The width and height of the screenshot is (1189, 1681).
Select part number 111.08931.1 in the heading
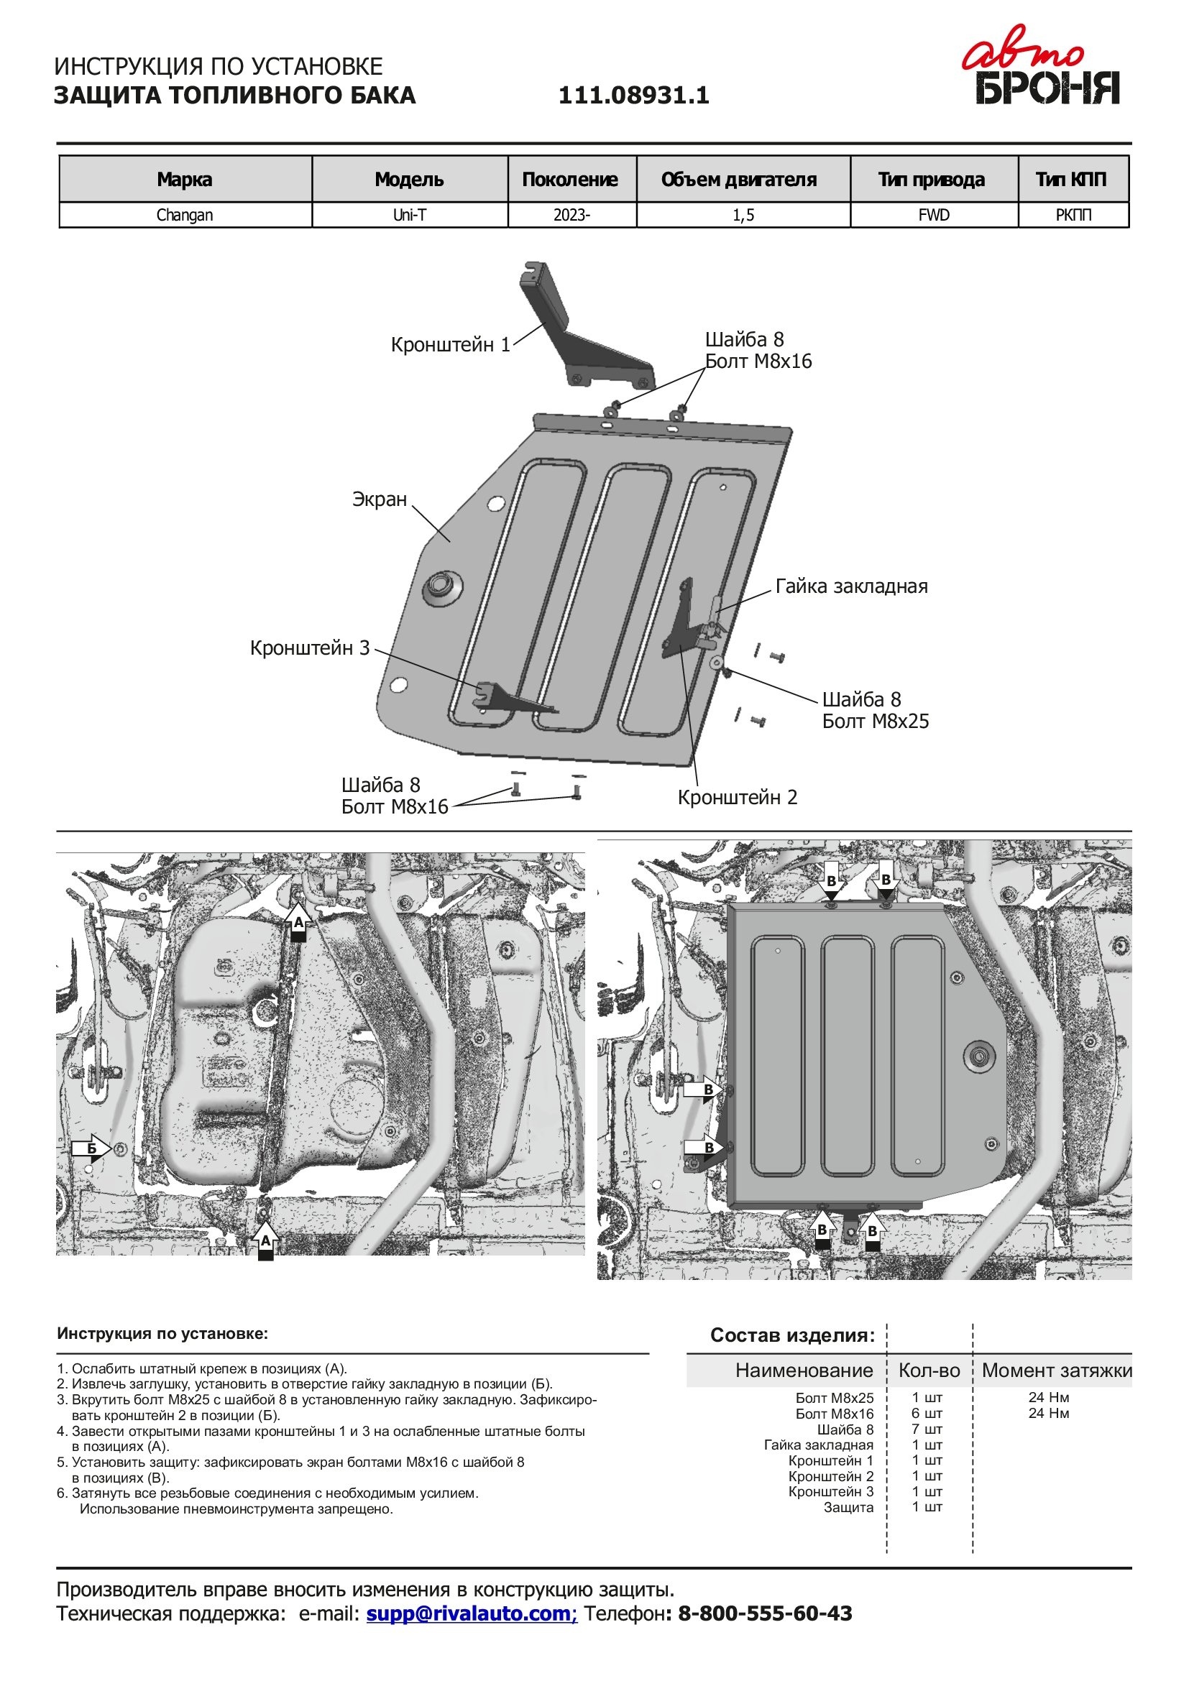coord(633,96)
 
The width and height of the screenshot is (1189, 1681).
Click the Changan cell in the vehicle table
coord(185,216)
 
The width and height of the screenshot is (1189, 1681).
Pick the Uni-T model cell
coord(409,216)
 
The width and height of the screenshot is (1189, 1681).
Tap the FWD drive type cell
coord(934,216)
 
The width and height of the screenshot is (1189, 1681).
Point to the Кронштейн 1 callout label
coord(450,345)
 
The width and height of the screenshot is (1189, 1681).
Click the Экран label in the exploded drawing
coord(380,499)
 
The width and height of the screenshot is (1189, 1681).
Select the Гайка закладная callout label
coord(850,586)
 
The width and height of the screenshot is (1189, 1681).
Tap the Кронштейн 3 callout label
coord(310,648)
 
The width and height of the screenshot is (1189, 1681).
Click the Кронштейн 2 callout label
coord(738,797)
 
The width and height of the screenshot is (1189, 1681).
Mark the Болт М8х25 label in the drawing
coord(875,722)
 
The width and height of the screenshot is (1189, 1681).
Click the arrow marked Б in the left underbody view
coord(91,1148)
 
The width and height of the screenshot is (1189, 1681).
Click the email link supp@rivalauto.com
coord(472,1613)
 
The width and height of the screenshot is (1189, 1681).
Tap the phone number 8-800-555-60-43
coord(764,1613)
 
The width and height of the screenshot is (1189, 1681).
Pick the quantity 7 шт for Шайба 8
coord(926,1429)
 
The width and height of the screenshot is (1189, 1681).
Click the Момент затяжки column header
coord(1056,1371)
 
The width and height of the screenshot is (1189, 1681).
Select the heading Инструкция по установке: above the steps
coord(162,1334)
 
